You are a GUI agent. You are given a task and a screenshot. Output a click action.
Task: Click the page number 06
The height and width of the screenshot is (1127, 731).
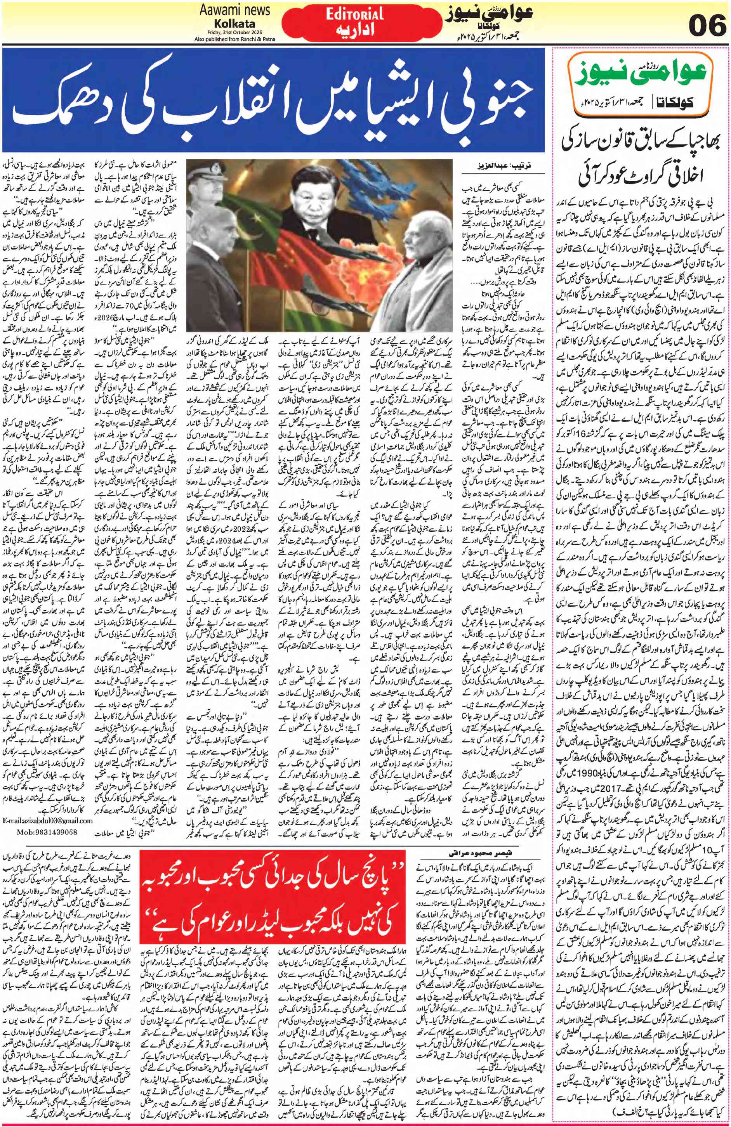(x=707, y=24)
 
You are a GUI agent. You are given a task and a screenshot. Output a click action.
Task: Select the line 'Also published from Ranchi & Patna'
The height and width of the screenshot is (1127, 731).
(x=234, y=38)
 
